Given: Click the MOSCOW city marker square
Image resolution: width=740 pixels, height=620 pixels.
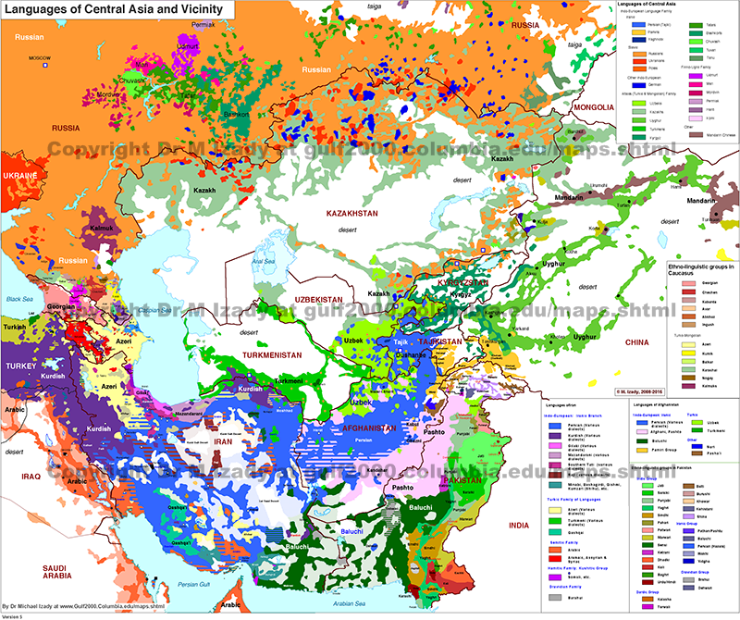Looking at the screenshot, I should point(39,65).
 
